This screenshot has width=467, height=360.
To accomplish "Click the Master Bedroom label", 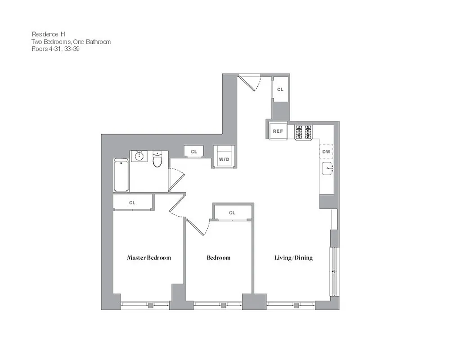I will (149, 258).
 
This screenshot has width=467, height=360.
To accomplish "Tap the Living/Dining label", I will (293, 258).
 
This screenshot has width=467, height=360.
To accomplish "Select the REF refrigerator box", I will (278, 131).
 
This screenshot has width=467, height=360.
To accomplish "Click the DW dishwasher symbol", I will (326, 152).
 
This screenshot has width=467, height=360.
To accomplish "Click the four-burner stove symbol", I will (303, 132).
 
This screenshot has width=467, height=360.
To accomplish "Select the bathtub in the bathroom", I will (121, 175).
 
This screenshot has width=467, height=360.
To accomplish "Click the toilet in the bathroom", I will (157, 159).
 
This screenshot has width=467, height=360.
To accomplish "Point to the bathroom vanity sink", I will (139, 156).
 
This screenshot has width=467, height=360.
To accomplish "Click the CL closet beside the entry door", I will (280, 90).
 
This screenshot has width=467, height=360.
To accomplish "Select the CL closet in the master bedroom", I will (132, 203).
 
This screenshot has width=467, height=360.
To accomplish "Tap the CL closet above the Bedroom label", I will (232, 213).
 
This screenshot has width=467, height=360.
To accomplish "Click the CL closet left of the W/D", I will (194, 152).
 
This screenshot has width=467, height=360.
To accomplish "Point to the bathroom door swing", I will (176, 179).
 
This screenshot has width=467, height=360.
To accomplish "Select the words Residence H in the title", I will (45, 34).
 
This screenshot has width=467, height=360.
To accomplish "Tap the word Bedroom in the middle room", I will (219, 258).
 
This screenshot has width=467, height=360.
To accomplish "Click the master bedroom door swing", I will (177, 207).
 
